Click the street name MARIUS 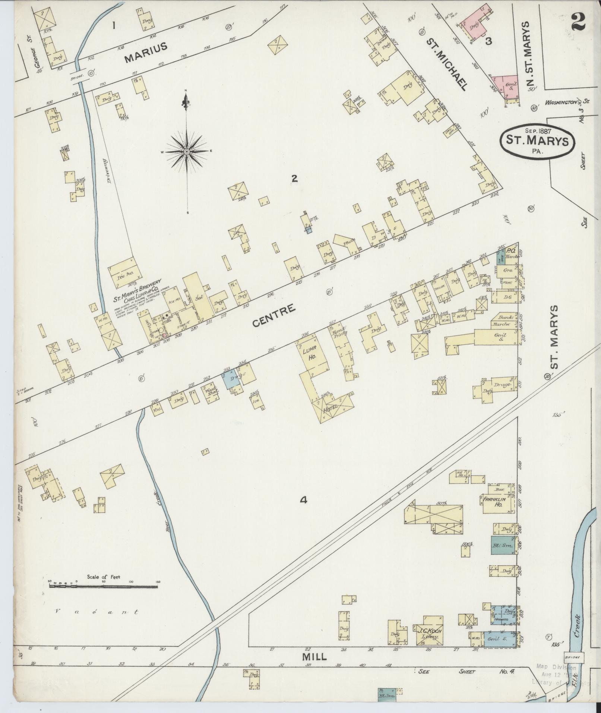pos(146,53)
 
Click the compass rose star pos(186,151)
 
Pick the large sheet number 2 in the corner pos(578,21)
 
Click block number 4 pos(304,500)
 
